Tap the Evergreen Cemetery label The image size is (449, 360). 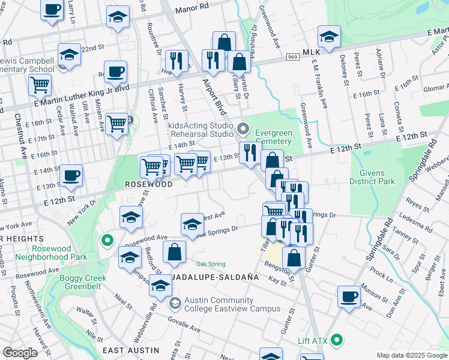[273, 137]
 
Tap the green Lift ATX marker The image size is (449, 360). [336, 340]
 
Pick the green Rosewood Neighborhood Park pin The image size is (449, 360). [107, 241]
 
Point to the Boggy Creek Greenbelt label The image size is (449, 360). [83, 283]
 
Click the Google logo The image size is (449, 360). [20, 353]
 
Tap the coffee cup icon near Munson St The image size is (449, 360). [349, 296]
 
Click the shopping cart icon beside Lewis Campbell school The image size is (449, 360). [40, 85]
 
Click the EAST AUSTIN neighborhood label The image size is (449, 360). [131, 350]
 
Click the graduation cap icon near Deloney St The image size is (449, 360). [329, 36]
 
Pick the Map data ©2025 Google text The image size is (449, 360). [411, 355]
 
